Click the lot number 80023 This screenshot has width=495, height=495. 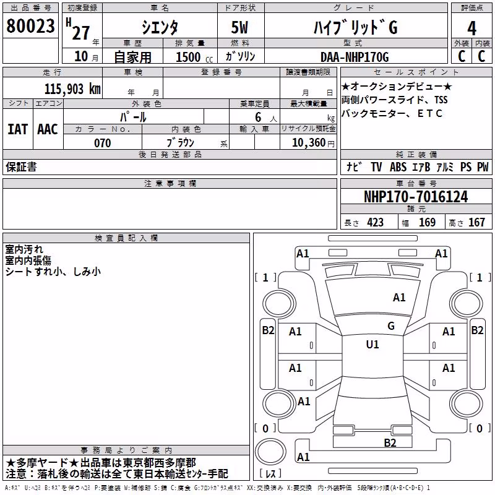pyautogui.click(x=30, y=26)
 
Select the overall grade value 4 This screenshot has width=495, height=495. pyautogui.click(x=471, y=28)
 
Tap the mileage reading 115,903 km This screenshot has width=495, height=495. pyautogui.click(x=72, y=89)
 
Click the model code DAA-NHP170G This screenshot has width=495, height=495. pyautogui.click(x=355, y=57)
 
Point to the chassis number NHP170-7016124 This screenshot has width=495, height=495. pyautogui.click(x=416, y=197)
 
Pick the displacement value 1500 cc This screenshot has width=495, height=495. pyautogui.click(x=194, y=57)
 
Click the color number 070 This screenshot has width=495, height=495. pyautogui.click(x=103, y=143)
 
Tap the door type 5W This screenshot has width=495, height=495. pyautogui.click(x=239, y=27)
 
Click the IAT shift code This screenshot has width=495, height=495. pyautogui.click(x=18, y=129)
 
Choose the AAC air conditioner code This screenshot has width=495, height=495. pyautogui.click(x=48, y=129)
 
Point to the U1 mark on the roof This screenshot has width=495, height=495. pyautogui.click(x=372, y=344)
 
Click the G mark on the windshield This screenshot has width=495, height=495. pyautogui.click(x=391, y=326)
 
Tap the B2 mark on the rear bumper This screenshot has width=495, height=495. pyautogui.click(x=390, y=443)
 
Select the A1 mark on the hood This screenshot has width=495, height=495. pyautogui.click(x=399, y=298)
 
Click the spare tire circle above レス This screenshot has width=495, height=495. pyautogui.click(x=270, y=452)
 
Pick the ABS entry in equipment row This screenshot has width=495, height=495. pyautogui.click(x=398, y=167)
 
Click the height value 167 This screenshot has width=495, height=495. pyautogui.click(x=476, y=223)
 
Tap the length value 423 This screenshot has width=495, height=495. pyautogui.click(x=376, y=223)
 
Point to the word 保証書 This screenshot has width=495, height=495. pyautogui.click(x=21, y=166)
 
